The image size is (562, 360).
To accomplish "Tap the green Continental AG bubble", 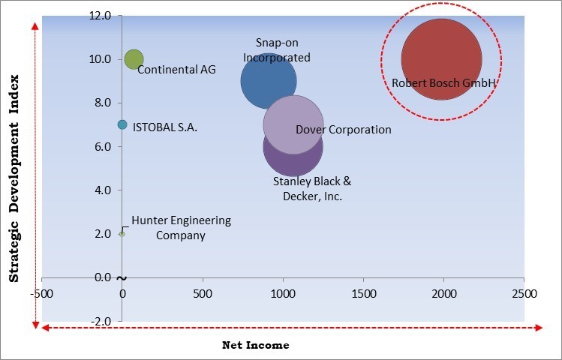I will pos(134,59).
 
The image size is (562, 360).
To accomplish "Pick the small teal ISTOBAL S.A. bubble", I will pos(122,124).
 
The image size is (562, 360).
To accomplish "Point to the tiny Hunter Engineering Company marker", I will pos(122,233).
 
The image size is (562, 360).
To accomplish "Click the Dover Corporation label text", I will pos(344,130).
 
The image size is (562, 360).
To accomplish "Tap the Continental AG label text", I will pos(176,70).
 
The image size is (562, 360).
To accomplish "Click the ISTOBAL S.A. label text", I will pos(165,127).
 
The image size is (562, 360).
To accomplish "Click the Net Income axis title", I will pos(255,345).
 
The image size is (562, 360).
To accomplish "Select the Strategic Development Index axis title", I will pos(14,178).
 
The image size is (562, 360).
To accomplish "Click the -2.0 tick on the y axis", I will pos(100,321).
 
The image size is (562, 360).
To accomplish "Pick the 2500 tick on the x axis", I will pos(524,292).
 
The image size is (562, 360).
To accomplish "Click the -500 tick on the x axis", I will pos(42,292).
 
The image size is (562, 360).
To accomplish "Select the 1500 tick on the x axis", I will pos(363,292).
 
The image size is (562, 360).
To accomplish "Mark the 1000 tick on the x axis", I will pos(283,292).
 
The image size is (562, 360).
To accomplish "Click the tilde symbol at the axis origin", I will pos(122,278).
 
